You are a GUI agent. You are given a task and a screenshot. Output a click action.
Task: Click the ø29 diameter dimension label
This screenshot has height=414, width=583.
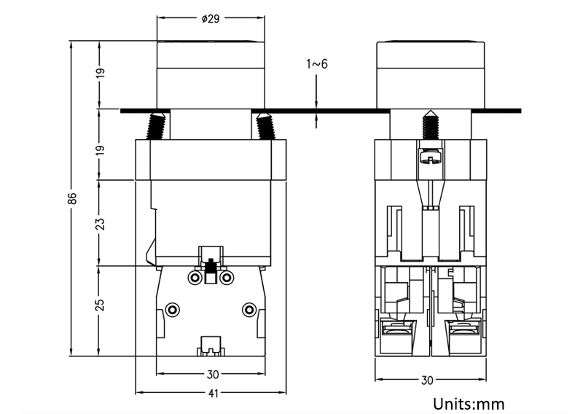coord(210,19)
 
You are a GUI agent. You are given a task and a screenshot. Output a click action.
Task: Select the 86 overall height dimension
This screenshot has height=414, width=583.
coord(73,200)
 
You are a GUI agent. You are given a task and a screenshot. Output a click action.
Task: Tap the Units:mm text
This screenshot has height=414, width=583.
coord(469,403)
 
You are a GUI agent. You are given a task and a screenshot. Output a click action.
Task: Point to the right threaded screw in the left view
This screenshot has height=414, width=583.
coord(265,126)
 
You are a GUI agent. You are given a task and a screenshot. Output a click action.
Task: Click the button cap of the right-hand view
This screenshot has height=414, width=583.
coord(429,73)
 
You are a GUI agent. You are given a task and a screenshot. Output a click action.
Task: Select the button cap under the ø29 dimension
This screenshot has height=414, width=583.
coord(210,73)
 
